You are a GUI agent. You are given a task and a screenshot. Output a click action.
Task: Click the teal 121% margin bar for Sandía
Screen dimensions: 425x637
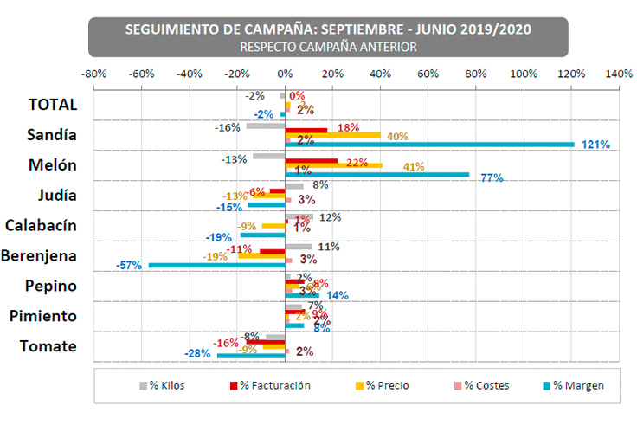point(429,145)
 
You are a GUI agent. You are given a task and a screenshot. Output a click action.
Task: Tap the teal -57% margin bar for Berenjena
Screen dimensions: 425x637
point(217,265)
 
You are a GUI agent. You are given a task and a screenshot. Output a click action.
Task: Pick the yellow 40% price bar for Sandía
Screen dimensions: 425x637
point(333,135)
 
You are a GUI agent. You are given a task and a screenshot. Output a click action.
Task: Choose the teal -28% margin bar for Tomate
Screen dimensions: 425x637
point(251,355)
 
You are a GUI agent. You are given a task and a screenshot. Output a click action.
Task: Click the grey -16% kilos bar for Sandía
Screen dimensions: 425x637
point(266,126)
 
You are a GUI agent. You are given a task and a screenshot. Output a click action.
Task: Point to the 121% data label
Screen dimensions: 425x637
point(594,145)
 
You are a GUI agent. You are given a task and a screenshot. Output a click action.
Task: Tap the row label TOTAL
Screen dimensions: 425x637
point(53,105)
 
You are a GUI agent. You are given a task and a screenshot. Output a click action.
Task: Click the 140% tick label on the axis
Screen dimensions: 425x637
point(619,74)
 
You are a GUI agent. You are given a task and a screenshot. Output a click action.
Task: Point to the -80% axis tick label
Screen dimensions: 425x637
point(93,74)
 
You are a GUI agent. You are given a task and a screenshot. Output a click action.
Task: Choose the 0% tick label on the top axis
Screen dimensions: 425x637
point(285,74)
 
